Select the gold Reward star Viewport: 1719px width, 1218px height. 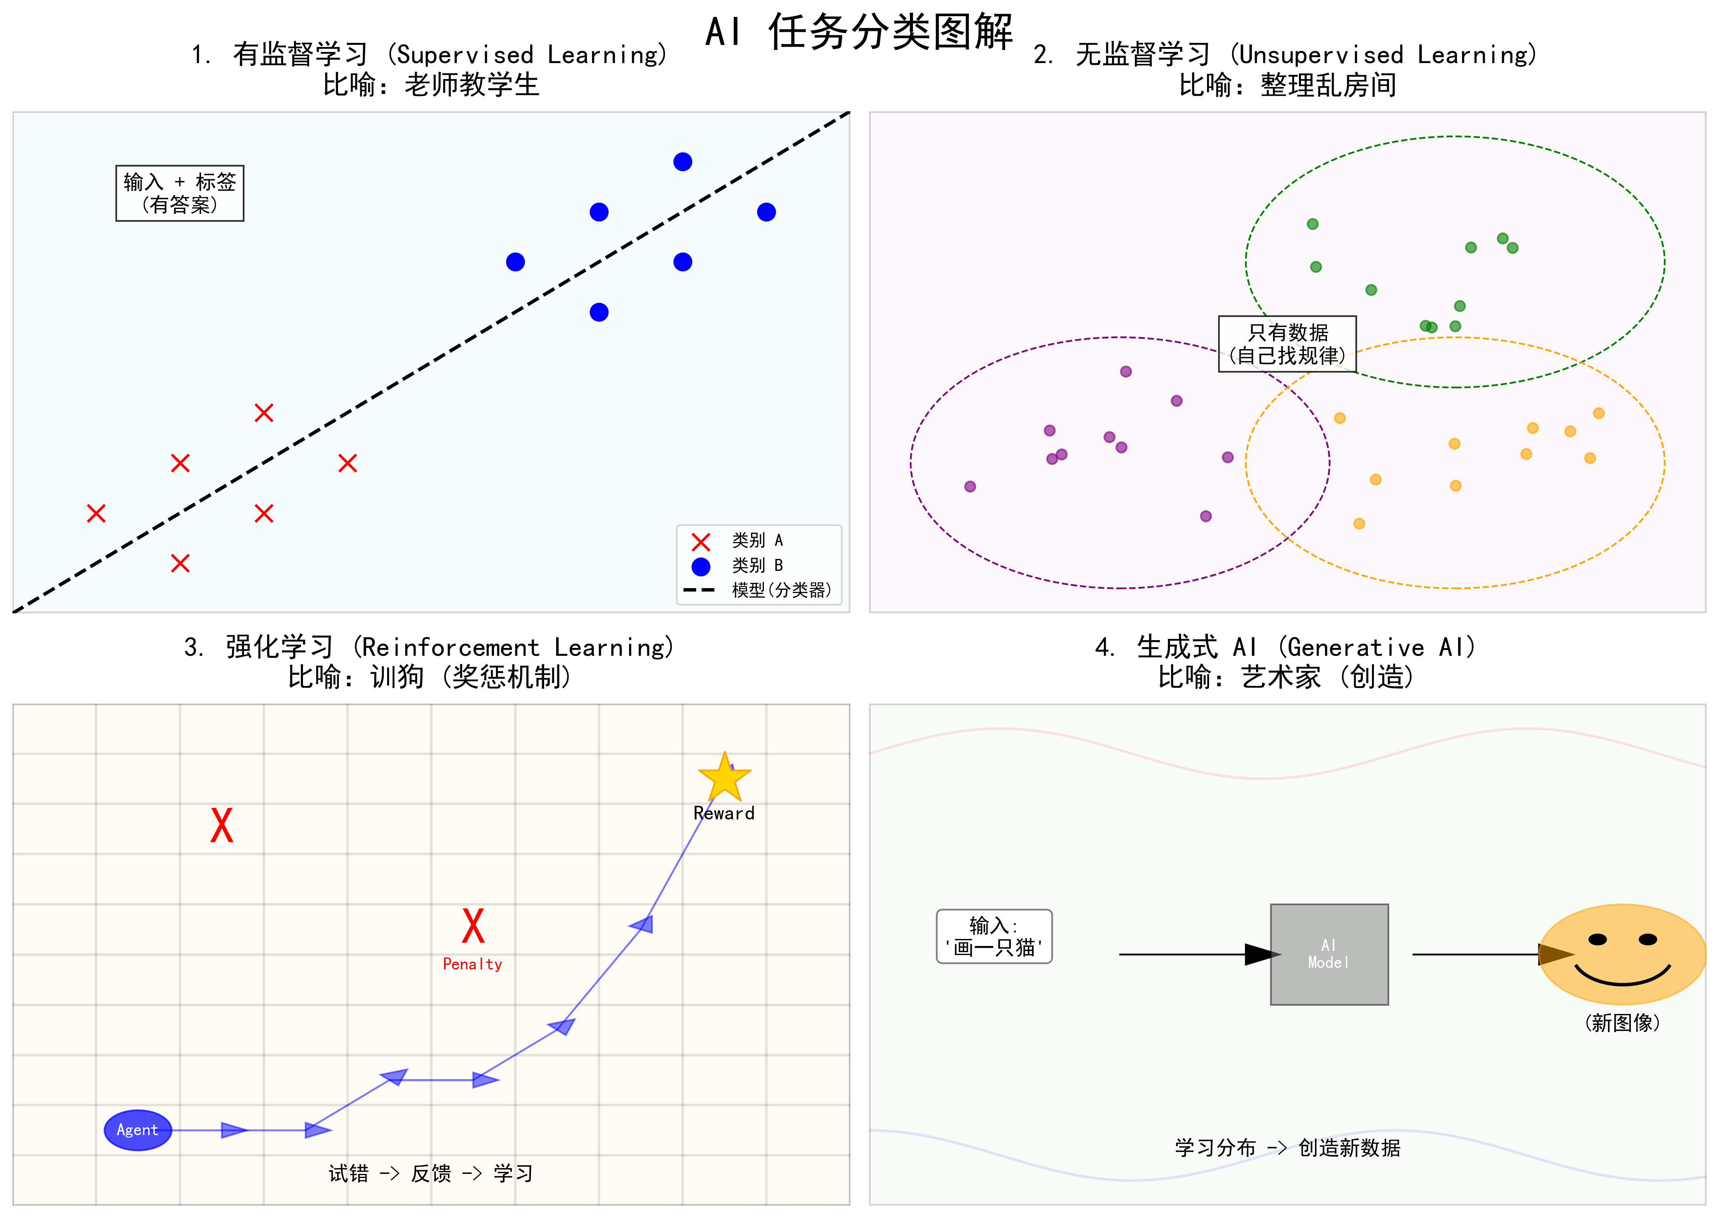tap(725, 779)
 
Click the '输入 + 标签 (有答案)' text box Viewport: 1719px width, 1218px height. tap(180, 193)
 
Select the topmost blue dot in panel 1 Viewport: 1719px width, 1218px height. tap(683, 162)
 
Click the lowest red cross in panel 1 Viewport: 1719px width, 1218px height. tap(180, 563)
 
